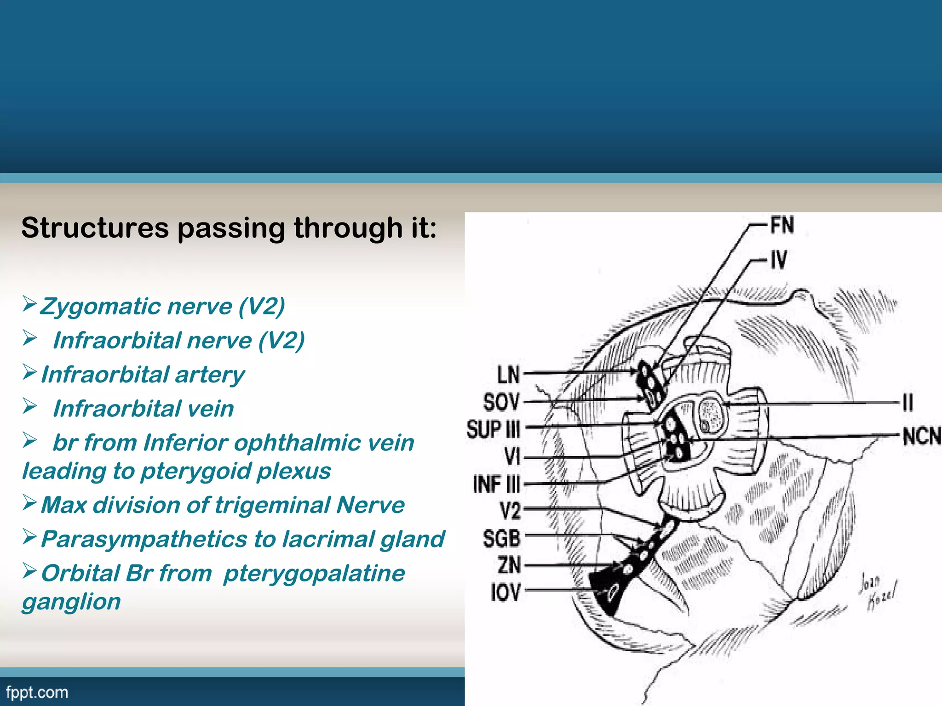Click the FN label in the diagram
click(x=782, y=225)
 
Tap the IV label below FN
click(x=779, y=260)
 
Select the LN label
click(x=508, y=375)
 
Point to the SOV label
click(x=501, y=402)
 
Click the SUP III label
click(x=493, y=429)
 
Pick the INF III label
click(x=496, y=484)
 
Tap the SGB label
click(x=501, y=538)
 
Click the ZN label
click(x=509, y=565)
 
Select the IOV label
click(x=505, y=592)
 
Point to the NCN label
click(x=921, y=437)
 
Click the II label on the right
click(x=908, y=403)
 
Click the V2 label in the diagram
click(x=510, y=511)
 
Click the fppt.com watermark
click(x=37, y=692)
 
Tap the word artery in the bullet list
click(x=210, y=375)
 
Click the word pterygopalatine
click(x=314, y=573)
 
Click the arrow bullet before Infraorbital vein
click(x=30, y=406)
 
